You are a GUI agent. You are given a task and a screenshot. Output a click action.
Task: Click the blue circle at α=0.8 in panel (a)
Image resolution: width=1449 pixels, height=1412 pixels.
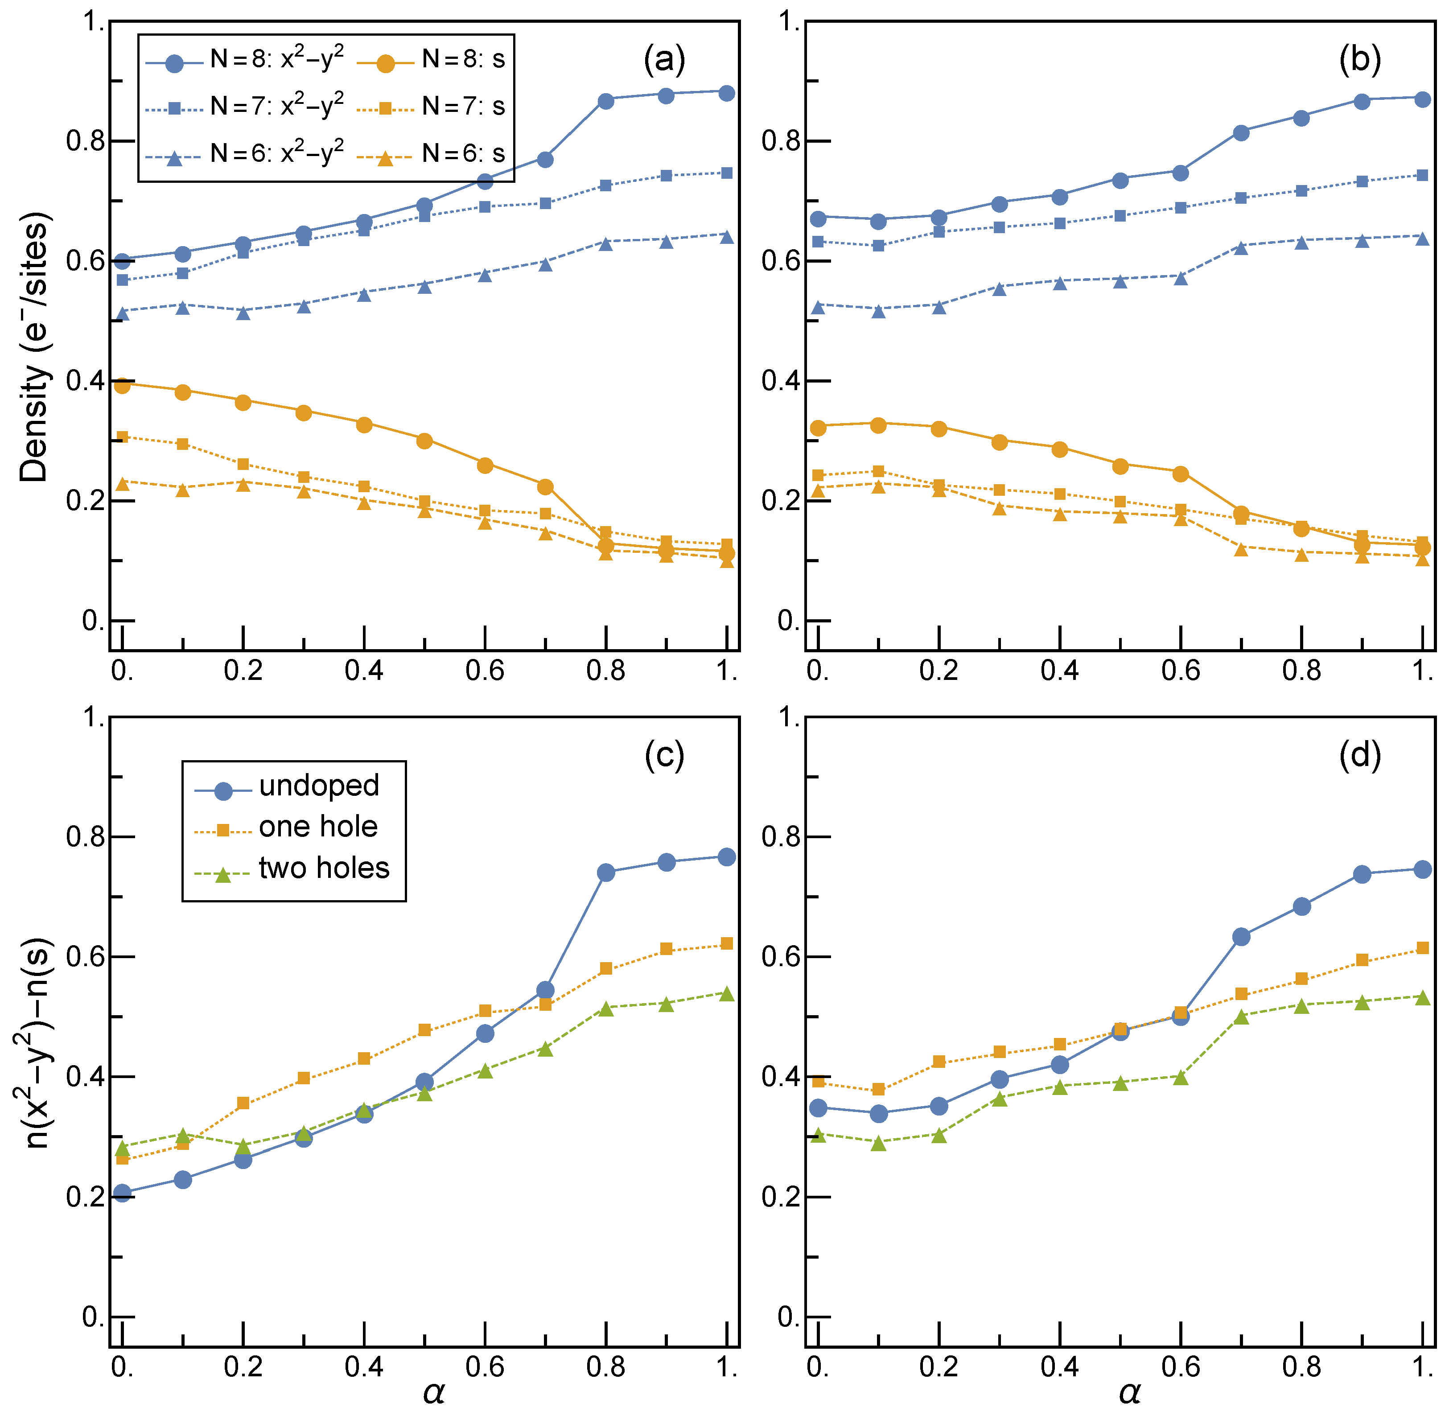606,101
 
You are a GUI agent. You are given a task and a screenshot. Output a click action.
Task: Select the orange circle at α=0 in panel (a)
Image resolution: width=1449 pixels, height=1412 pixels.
122,385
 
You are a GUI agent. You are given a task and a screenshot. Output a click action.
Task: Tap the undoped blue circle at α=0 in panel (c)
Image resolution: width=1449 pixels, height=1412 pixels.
122,1193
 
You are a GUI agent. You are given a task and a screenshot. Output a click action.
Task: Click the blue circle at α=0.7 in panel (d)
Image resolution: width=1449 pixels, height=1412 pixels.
1241,937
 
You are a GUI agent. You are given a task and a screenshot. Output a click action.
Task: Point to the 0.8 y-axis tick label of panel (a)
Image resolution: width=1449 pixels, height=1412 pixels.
85,141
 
